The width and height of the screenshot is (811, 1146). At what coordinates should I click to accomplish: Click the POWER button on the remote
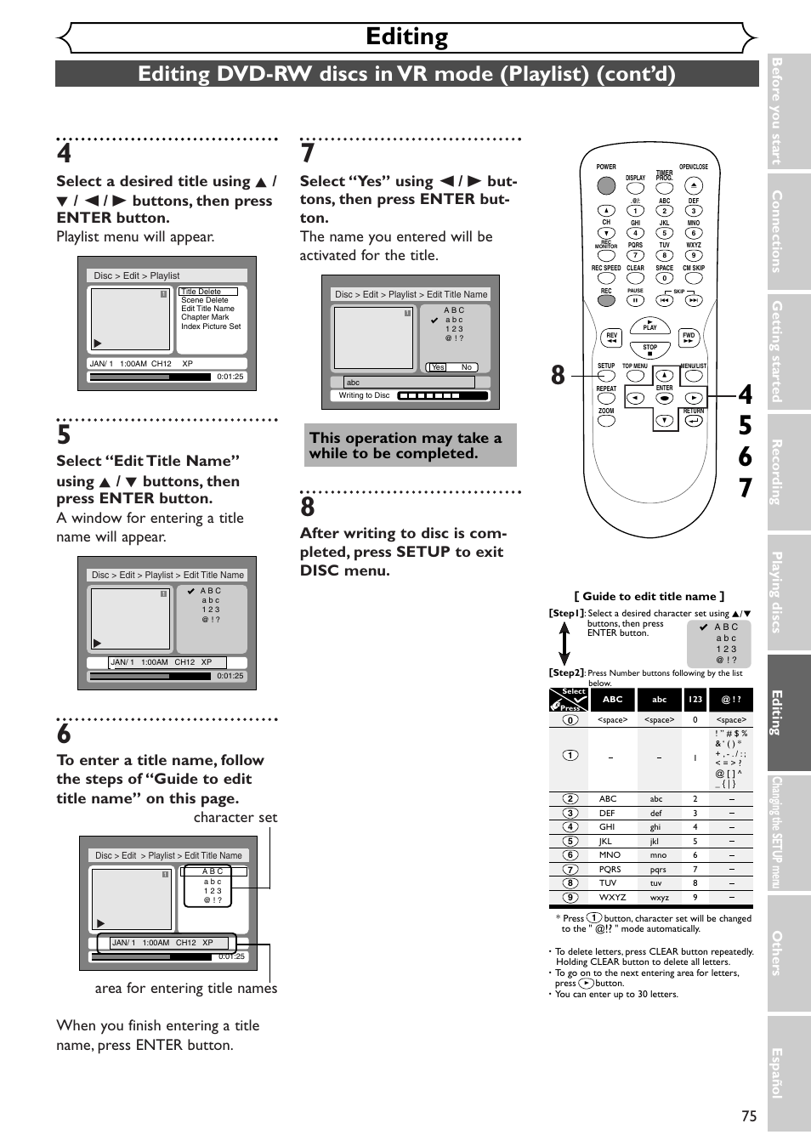point(606,185)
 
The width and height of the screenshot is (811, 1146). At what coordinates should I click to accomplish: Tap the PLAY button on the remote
point(650,326)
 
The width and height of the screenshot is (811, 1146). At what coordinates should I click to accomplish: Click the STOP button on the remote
point(650,349)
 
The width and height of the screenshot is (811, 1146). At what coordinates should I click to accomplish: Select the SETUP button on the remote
point(606,375)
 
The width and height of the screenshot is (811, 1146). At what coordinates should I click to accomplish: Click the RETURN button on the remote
point(694,420)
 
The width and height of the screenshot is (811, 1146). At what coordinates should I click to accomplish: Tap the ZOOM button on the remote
point(606,420)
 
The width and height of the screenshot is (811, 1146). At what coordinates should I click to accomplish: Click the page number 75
point(748,1116)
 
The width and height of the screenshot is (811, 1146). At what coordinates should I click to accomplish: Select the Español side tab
point(777,1073)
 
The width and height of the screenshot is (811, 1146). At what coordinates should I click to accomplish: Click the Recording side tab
point(777,472)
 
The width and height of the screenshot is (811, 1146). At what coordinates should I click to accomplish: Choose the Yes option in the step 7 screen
point(438,367)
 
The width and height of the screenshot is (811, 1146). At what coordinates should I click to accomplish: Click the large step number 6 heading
point(65,734)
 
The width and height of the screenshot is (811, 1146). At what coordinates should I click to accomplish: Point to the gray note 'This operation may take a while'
point(410,445)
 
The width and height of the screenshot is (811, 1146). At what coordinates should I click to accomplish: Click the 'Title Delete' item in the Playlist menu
point(201,292)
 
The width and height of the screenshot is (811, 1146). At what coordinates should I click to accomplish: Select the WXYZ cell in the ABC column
point(612,897)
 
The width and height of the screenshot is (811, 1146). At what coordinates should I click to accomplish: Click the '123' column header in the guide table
point(695,700)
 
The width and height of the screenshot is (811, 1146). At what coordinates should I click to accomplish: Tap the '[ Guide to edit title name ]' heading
point(649,596)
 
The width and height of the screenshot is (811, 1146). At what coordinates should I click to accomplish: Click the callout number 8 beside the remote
point(558,375)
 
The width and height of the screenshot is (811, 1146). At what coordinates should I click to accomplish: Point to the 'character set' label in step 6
point(235,817)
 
